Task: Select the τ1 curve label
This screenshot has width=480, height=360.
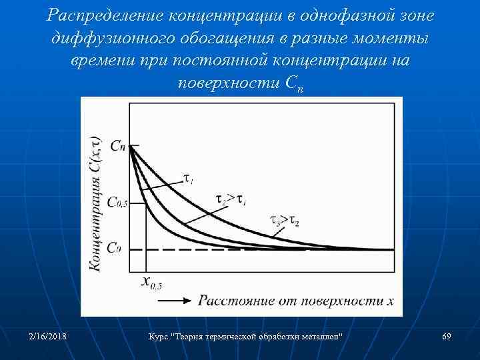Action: click(189, 179)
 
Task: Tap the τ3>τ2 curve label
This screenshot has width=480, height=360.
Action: click(285, 219)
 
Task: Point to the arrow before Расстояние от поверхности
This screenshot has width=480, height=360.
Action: click(174, 300)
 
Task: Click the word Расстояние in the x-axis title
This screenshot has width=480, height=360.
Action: click(230, 300)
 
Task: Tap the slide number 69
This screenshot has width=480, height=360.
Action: click(447, 337)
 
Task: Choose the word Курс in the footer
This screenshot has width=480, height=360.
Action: click(159, 337)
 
